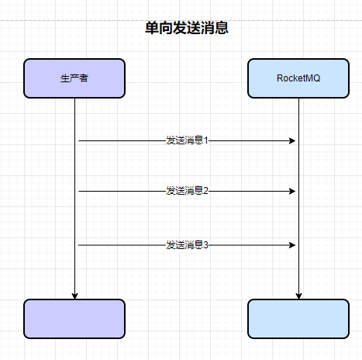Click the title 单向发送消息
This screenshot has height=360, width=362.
tap(187, 28)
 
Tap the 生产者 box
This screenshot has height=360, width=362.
tap(74, 78)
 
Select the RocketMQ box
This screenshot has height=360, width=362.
tap(298, 78)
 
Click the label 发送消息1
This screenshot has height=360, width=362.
tap(187, 140)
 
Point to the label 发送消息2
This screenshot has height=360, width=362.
tap(187, 191)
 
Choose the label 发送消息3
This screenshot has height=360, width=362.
tap(187, 244)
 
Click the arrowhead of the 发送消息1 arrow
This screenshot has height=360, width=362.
tap(292, 140)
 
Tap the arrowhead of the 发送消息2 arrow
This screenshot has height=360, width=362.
tap(292, 191)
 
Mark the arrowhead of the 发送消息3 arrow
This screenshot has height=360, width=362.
tap(292, 245)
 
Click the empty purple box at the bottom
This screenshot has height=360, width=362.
tap(74, 319)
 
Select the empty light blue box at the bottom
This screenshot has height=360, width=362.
tap(298, 319)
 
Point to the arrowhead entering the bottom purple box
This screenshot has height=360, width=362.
tap(75, 296)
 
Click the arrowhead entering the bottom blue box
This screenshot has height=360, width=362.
tap(299, 296)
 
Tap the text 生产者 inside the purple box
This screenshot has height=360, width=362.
tap(74, 78)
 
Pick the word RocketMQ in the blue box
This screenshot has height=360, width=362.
tap(298, 78)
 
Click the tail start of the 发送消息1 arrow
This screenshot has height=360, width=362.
tap(79, 140)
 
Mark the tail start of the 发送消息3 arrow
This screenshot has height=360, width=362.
tap(79, 245)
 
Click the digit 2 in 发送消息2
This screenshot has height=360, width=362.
tap(205, 191)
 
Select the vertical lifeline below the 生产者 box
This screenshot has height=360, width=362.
tap(75, 199)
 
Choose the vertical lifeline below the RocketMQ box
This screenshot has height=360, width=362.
tap(299, 199)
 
